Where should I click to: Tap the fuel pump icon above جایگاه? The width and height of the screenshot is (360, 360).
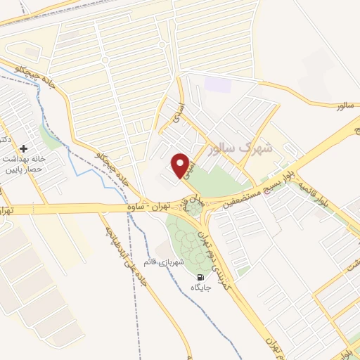coord(202,276)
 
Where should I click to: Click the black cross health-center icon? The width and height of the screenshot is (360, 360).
coord(25,148)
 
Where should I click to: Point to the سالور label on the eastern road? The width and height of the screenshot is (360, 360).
coord(342,106)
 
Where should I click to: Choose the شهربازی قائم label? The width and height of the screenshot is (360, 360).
coord(170,262)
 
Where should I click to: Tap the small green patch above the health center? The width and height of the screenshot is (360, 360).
coord(49,134)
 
